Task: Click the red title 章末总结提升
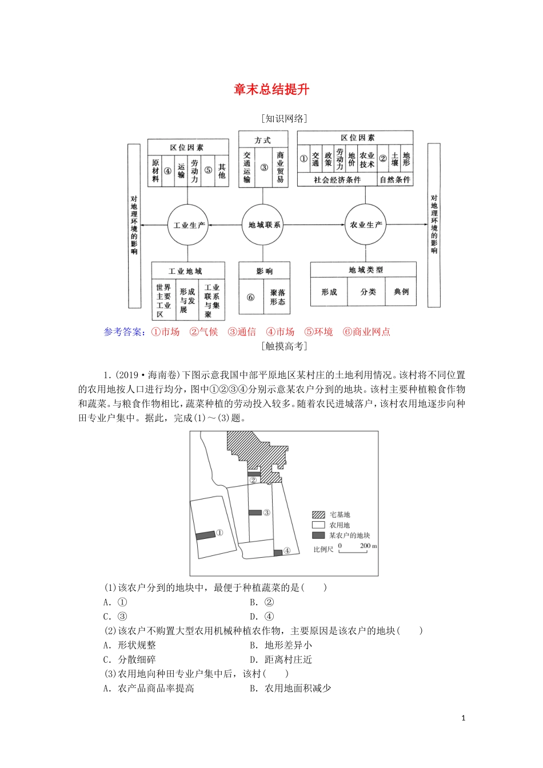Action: click(271, 90)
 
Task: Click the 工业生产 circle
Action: click(188, 225)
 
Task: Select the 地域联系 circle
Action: click(264, 225)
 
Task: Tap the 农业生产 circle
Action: click(366, 225)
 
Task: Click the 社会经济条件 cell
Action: click(337, 180)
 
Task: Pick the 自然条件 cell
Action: click(395, 180)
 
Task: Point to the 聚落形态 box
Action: click(277, 297)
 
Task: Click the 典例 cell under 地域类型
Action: click(401, 292)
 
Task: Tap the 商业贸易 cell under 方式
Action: click(280, 167)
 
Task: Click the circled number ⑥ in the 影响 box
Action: click(250, 297)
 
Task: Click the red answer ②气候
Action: click(203, 332)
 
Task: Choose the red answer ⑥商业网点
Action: click(366, 332)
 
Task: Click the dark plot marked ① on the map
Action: click(205, 535)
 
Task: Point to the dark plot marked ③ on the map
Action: click(255, 513)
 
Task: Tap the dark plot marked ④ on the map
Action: click(278, 552)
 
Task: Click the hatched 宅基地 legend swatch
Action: click(318, 515)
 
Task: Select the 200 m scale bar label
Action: click(368, 546)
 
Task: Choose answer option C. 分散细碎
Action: click(130, 659)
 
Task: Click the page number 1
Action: click(464, 718)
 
